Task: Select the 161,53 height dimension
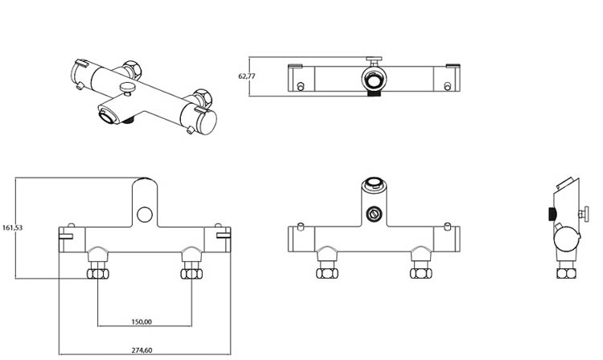(x=13, y=227)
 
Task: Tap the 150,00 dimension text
(x=141, y=321)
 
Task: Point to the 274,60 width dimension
(x=141, y=350)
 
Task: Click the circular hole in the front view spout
(x=144, y=214)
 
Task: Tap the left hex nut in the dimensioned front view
(x=99, y=274)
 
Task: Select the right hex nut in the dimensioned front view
(x=191, y=274)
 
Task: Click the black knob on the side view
(x=551, y=214)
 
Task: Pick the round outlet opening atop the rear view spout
(x=373, y=183)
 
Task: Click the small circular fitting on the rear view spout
(x=373, y=214)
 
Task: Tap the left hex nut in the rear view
(x=326, y=273)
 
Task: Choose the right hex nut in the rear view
(x=419, y=273)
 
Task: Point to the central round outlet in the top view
(x=373, y=80)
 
